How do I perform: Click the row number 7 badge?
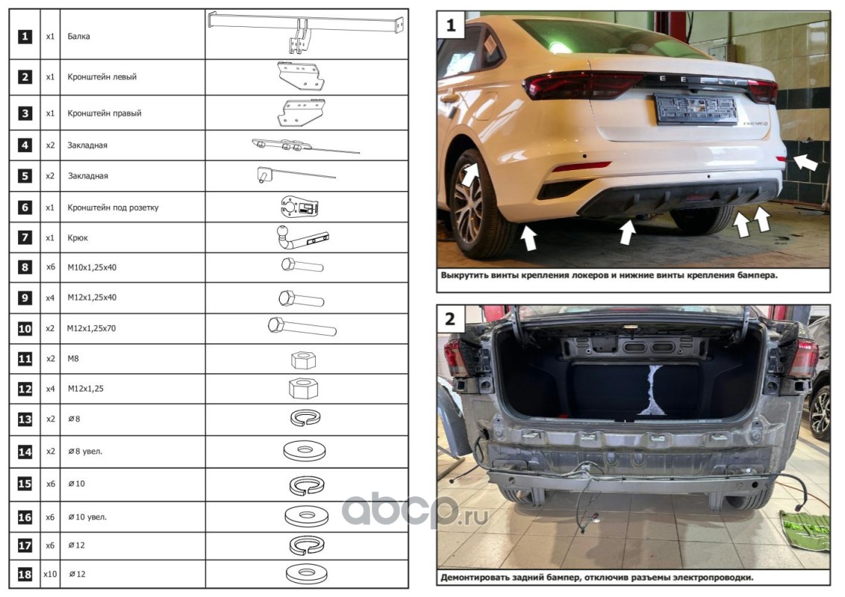pyautogui.click(x=25, y=237)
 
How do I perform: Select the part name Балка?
pyautogui.click(x=78, y=37)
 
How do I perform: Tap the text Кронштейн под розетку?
pyautogui.click(x=113, y=207)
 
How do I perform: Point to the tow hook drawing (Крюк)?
pyautogui.click(x=302, y=237)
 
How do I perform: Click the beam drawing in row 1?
pyautogui.click(x=306, y=32)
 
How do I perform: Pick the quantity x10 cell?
pyautogui.click(x=50, y=575)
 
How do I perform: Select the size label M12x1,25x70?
pyautogui.click(x=91, y=328)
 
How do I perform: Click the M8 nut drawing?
pyautogui.click(x=303, y=360)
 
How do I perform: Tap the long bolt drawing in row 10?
pyautogui.click(x=302, y=327)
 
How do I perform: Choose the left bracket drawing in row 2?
pyautogui.click(x=301, y=76)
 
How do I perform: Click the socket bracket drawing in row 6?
pyautogui.click(x=299, y=207)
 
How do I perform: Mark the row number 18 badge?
pyautogui.click(x=25, y=575)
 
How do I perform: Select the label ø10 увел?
pyautogui.click(x=87, y=517)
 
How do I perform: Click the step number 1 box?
pyautogui.click(x=451, y=25)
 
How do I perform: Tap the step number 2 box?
pyautogui.click(x=451, y=319)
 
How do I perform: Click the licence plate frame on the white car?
pyautogui.click(x=695, y=110)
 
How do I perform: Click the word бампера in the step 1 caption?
pyautogui.click(x=758, y=275)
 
